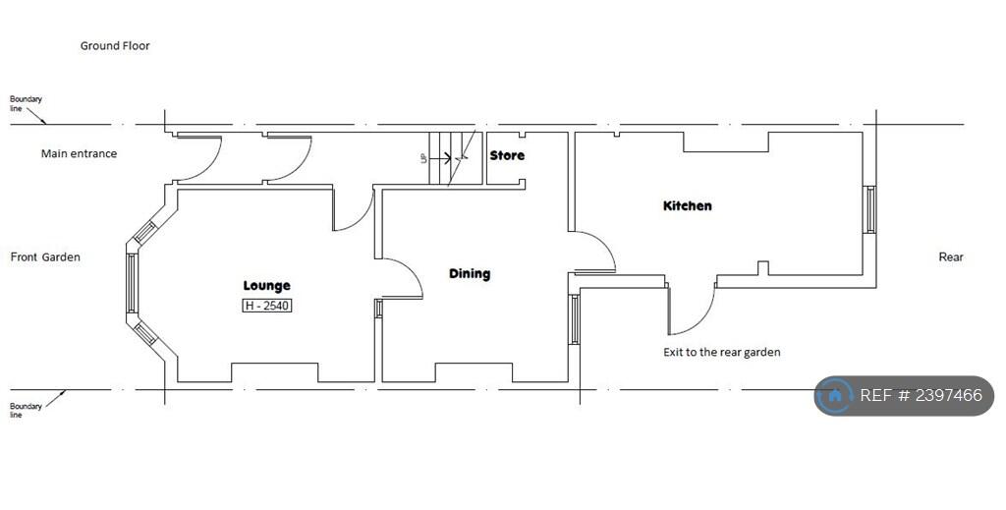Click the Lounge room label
[266, 286]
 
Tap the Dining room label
[470, 273]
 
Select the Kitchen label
[688, 205]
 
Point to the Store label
[507, 155]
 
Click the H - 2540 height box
[267, 306]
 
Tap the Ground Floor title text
[115, 45]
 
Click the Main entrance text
[79, 153]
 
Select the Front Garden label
[45, 257]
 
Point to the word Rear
[951, 257]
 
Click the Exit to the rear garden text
[722, 352]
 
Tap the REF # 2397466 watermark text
[921, 396]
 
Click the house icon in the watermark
[835, 396]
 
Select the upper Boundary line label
[26, 103]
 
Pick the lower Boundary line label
[26, 410]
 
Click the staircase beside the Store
[452, 157]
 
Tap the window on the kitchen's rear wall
[869, 209]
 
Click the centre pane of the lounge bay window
[131, 284]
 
